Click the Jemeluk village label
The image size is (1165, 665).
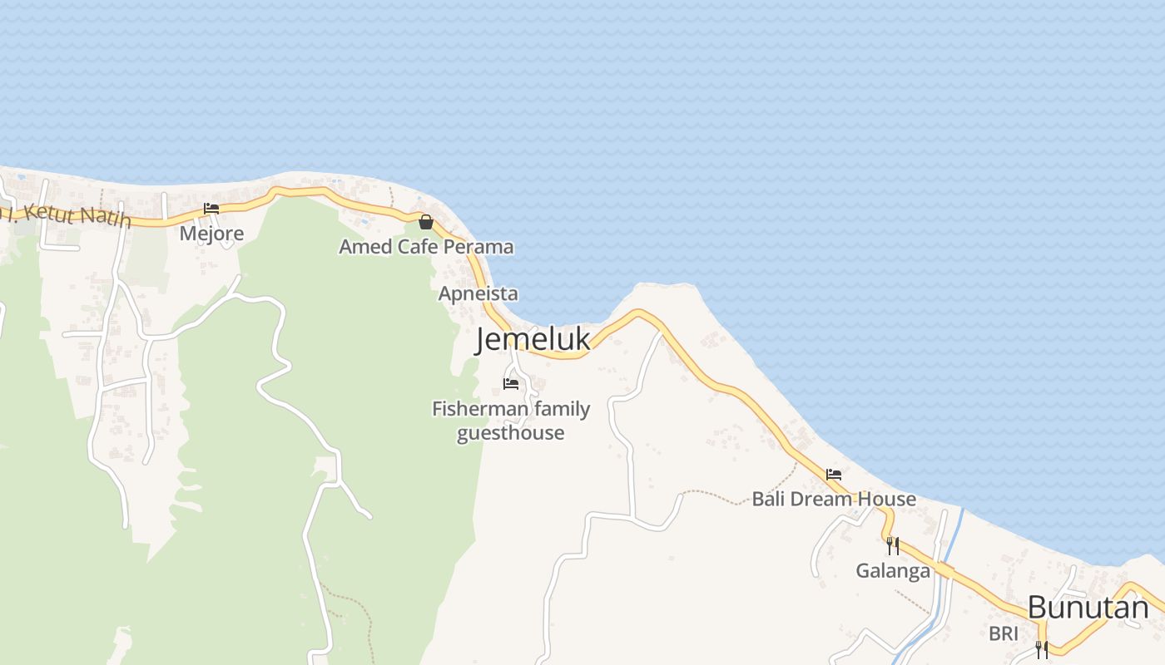(x=533, y=340)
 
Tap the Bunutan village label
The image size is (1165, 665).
(x=1088, y=608)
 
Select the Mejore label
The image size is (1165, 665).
(x=211, y=233)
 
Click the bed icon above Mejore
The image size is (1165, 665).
(x=211, y=209)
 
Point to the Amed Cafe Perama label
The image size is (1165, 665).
(x=426, y=247)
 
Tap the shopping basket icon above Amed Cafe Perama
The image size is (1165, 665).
(x=426, y=222)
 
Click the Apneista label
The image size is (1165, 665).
(x=478, y=293)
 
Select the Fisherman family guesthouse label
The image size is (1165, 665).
(x=511, y=421)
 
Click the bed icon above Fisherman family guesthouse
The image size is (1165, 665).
(x=511, y=383)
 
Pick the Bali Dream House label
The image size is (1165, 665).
(x=834, y=499)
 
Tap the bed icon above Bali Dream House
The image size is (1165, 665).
(x=834, y=475)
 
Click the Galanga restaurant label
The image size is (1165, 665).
(x=892, y=571)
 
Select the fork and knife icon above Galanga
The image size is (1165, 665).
(x=892, y=546)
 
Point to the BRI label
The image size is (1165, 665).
(x=1003, y=633)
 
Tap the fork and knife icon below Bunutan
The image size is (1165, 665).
(x=1041, y=649)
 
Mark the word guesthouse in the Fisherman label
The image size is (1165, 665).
(x=511, y=433)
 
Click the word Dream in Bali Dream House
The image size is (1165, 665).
(x=835, y=499)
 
